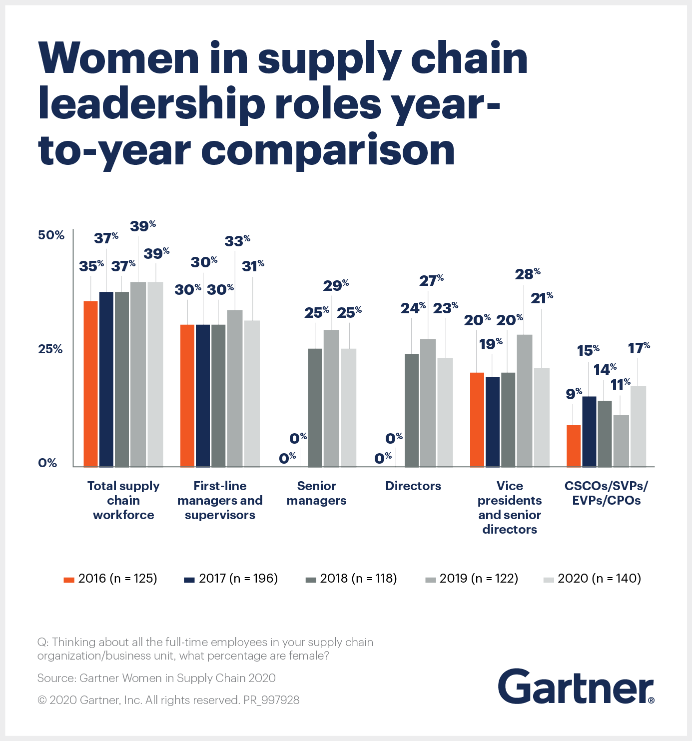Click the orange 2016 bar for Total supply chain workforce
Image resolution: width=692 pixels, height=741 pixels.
pos(90,384)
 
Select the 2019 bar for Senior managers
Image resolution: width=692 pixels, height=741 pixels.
pos(331,398)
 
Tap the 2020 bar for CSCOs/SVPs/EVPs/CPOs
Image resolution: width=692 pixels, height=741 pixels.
pos(638,426)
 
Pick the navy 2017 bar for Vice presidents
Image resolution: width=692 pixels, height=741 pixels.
pos(492,422)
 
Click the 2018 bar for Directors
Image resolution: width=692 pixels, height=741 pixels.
pos(412,410)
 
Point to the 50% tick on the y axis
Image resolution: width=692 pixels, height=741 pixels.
pos(51,235)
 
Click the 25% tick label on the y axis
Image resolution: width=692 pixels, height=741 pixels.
pos(50,349)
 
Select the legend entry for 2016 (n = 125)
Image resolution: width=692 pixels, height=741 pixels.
pos(110,579)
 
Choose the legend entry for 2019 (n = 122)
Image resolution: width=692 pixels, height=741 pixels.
pos(472,579)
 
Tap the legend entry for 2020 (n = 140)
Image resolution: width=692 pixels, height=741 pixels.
pos(592,579)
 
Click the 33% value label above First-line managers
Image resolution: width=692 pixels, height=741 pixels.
pos(237,241)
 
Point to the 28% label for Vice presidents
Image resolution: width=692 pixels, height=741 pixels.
pos(528,274)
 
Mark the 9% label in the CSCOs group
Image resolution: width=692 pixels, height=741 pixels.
pos(574,394)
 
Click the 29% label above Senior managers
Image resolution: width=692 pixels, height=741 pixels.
pos(336,285)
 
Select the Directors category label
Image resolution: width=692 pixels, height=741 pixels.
pos(413,486)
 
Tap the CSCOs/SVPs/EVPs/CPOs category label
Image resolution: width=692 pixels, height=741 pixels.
pos(606,493)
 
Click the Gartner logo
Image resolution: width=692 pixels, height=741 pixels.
pos(576,687)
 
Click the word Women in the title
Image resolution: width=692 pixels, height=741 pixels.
pos(119,58)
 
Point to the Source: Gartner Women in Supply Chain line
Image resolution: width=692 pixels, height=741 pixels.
pos(156,678)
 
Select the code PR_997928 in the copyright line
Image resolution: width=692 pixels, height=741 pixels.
pos(271,700)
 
